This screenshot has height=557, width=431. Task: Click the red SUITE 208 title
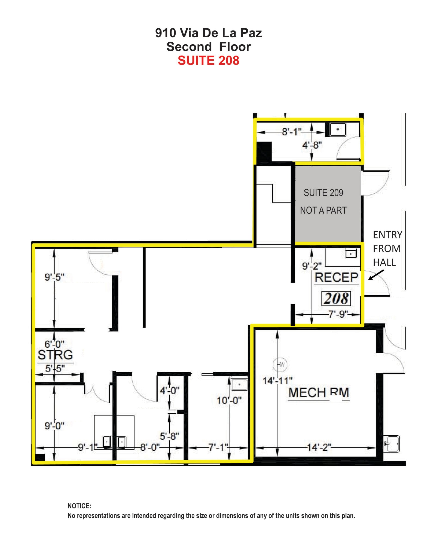tap(208, 60)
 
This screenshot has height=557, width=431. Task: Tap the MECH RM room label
tap(318, 392)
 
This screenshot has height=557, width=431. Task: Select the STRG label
tap(55, 355)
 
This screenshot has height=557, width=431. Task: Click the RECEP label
tap(336, 277)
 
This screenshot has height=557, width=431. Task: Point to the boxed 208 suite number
tap(336, 299)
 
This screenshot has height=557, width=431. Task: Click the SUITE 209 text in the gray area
tap(323, 193)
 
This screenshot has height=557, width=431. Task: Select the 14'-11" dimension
tap(277, 380)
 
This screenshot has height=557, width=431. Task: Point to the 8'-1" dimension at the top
tap(292, 132)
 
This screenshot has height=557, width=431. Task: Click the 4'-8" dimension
tap(312, 145)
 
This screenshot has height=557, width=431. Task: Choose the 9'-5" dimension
tap(54, 277)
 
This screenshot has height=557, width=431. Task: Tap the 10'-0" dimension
tap(229, 400)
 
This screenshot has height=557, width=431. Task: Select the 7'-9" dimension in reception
tap(338, 314)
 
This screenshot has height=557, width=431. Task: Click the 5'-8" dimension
tap(169, 436)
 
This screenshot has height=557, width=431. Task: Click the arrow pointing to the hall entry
tap(376, 275)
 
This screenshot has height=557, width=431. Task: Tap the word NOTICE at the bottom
tap(79, 506)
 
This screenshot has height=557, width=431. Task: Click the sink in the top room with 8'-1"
tap(338, 129)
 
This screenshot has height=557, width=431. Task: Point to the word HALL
tap(384, 262)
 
